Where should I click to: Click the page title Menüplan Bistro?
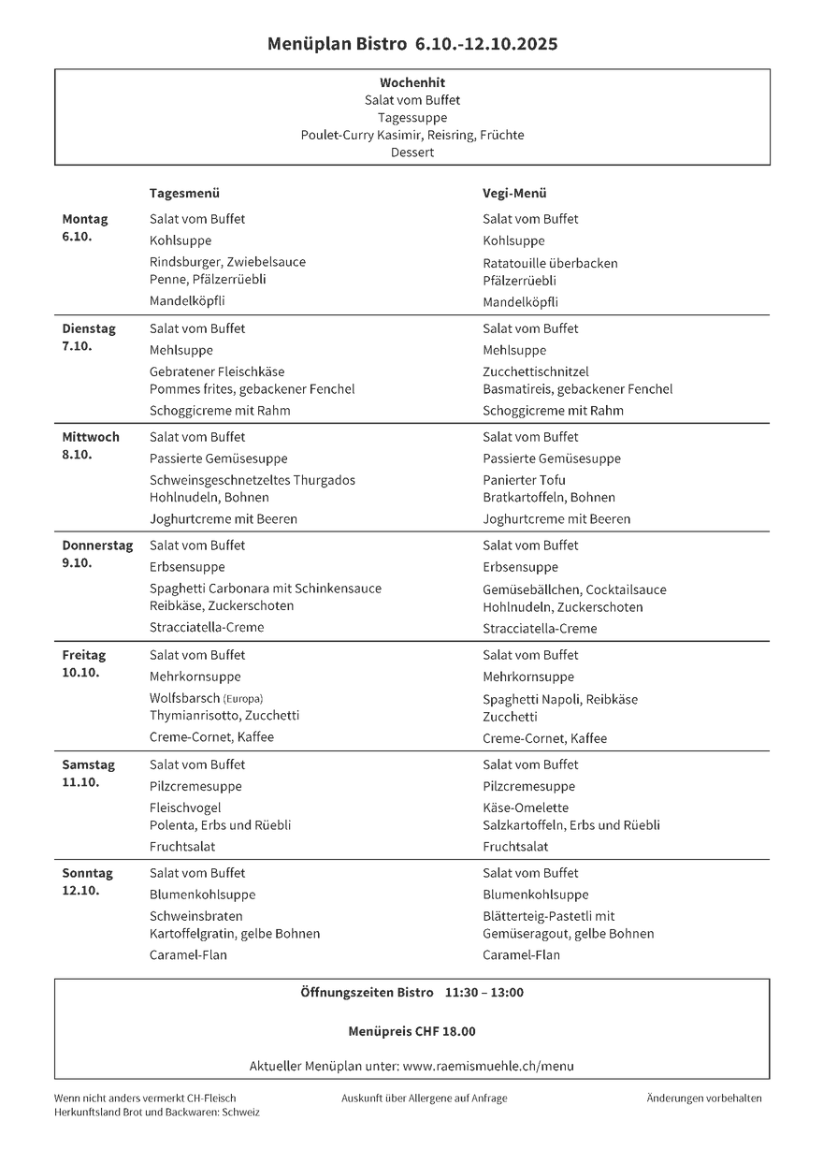pos(337,44)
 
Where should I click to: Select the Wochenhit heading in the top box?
pos(412,82)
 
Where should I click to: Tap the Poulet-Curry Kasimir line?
pos(412,135)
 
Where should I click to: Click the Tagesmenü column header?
pos(184,193)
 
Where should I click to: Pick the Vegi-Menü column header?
pos(514,193)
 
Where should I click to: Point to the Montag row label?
pos(85,219)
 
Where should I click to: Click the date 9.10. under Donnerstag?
pos(78,563)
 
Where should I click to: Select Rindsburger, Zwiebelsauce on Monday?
pos(227,262)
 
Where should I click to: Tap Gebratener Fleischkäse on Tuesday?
pos(217,371)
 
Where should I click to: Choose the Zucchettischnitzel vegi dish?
pos(536,371)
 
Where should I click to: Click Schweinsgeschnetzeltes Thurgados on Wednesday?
pos(253,480)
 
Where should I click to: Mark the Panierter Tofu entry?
pos(525,480)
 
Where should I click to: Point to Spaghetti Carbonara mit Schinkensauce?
pos(266,589)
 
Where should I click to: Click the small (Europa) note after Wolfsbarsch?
pos(243,699)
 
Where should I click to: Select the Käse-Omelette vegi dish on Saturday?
pos(526,808)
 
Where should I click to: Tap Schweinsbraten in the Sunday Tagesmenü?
pos(196,916)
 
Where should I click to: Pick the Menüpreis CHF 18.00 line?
pos(411,1031)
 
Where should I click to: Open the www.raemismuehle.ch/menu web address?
pos(488,1066)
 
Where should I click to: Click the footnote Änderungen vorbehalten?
pos(704,1098)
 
